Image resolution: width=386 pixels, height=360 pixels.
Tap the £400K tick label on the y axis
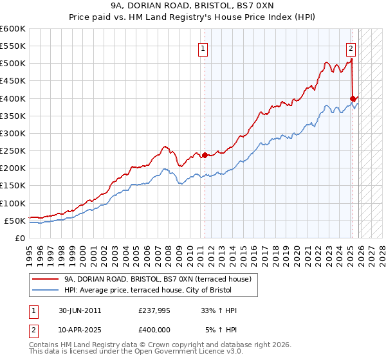point(12,98)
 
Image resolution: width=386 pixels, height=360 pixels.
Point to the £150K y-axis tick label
point(12,186)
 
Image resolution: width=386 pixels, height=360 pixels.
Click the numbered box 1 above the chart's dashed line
point(203,48)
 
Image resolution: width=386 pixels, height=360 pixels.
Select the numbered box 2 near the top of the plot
point(351,48)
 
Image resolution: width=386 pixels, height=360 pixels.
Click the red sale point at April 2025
point(353,98)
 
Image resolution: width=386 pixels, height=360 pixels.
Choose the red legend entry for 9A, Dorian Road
point(161,279)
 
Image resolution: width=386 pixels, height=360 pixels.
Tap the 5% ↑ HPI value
point(221,330)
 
